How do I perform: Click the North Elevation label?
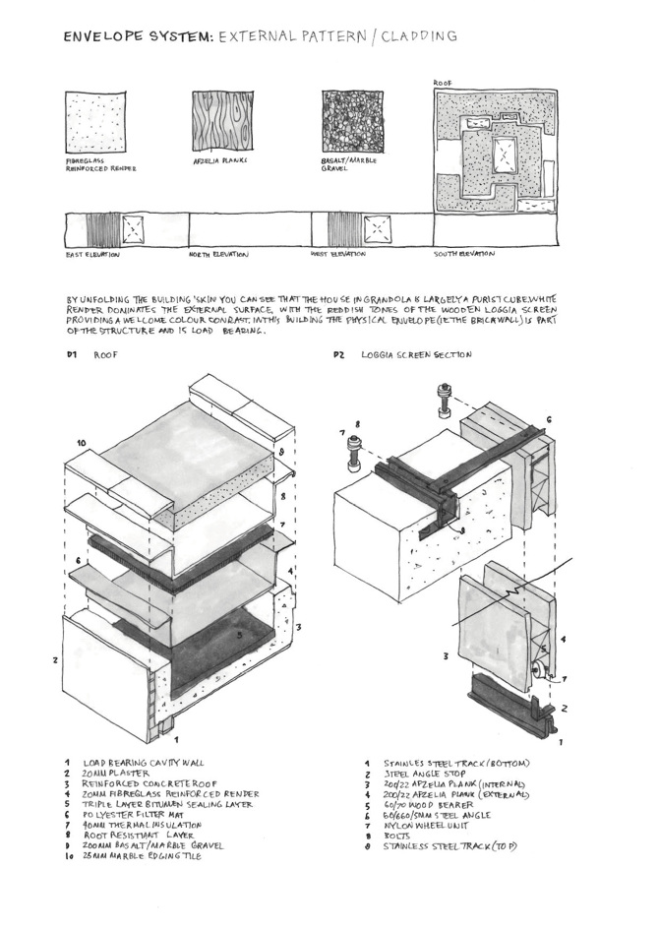pyautogui.click(x=218, y=255)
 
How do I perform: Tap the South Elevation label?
pyautogui.click(x=465, y=255)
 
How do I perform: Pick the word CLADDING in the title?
pyautogui.click(x=418, y=36)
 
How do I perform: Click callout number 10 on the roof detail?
pyautogui.click(x=82, y=444)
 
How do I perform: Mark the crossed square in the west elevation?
pyautogui.click(x=376, y=229)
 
